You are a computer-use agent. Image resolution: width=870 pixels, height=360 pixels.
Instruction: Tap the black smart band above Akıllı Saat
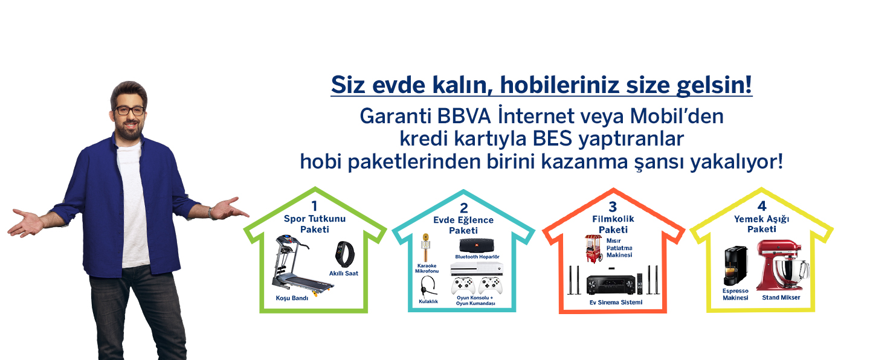pos(345,254)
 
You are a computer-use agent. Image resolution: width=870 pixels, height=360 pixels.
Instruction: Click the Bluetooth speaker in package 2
pos(477,246)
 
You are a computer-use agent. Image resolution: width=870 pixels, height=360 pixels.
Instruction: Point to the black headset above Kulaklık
pos(428,287)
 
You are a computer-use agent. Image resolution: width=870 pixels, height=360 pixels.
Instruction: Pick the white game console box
pos(477,268)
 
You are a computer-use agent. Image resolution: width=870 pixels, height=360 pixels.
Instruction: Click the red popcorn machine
pos(594,248)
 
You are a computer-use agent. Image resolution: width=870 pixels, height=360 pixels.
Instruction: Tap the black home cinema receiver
pos(611,284)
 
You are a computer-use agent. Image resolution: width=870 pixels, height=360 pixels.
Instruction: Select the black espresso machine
pos(735,266)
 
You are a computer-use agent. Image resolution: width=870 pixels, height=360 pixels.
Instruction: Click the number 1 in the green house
pos(314,206)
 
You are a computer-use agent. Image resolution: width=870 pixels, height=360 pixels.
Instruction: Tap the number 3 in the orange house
pos(613,207)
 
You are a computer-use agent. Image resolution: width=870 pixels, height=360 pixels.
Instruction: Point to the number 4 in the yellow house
pos(762,206)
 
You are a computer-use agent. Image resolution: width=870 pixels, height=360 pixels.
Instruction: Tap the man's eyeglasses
pos(130,111)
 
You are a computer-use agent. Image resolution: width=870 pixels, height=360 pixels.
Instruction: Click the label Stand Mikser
pos(781,297)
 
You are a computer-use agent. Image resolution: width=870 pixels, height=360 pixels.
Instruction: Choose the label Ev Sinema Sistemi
pos(616,302)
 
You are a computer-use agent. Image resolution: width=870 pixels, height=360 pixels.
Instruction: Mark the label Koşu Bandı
pos(292,298)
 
